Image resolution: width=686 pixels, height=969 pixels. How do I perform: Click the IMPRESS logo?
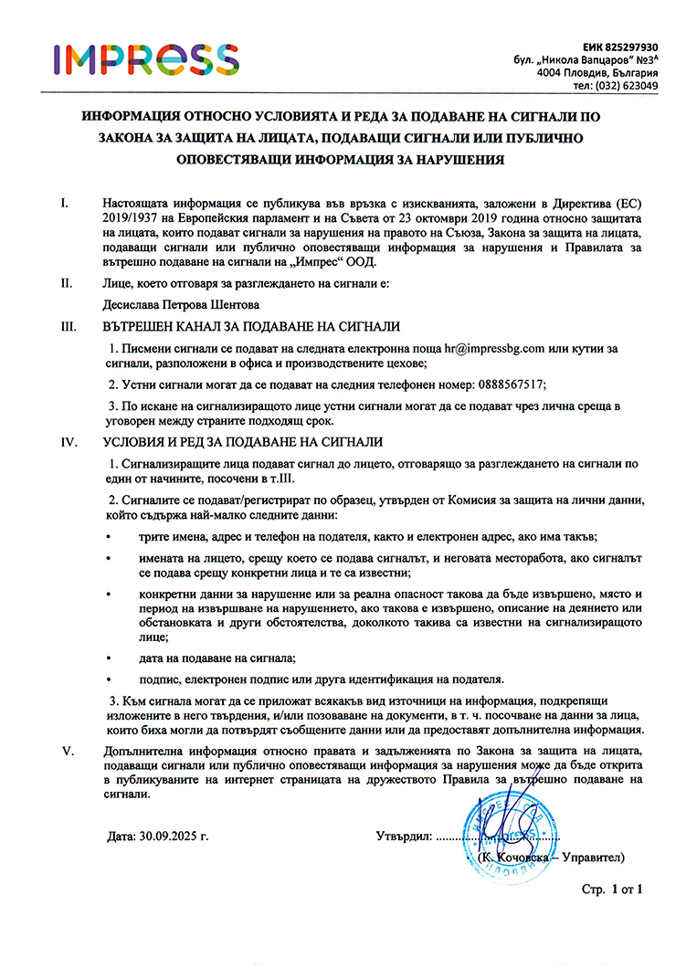coord(146,58)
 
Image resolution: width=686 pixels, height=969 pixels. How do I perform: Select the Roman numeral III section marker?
coord(69,326)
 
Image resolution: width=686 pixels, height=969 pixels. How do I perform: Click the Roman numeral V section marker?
coord(66,751)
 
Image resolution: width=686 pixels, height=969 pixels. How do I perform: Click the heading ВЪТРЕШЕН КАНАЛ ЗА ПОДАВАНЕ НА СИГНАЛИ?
coord(252,326)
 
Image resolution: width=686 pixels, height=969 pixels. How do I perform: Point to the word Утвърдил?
coord(402,835)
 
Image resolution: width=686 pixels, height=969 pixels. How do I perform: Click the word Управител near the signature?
coord(591,858)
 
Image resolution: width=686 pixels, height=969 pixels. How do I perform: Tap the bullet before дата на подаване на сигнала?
coord(111,658)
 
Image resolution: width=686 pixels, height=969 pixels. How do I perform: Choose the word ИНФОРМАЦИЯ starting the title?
coord(132,118)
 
